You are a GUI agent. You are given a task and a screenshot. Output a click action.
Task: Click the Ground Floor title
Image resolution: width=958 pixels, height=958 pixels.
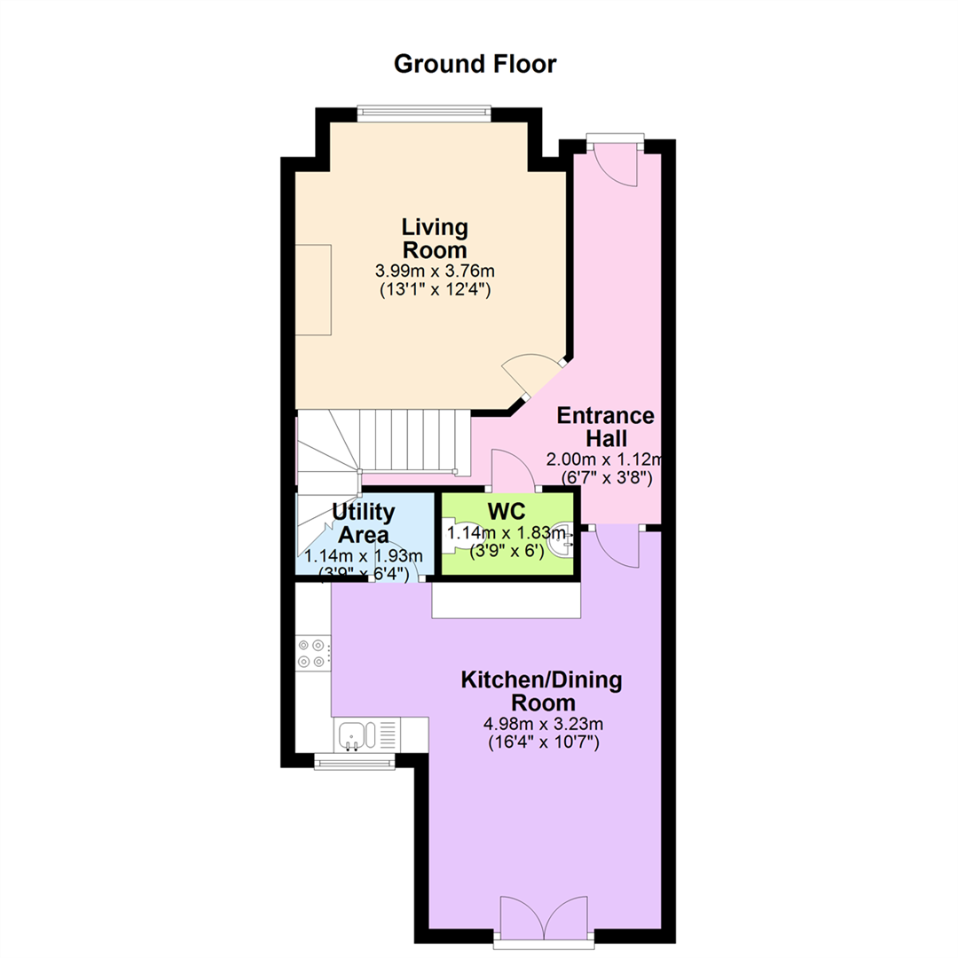click(x=475, y=64)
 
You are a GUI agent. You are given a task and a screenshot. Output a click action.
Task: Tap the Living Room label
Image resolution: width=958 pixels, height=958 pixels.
click(x=435, y=239)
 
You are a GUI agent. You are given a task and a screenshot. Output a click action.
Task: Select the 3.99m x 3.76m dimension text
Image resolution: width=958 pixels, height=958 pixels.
click(x=435, y=271)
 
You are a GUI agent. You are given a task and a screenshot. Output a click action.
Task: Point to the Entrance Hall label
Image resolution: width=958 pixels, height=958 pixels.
click(x=606, y=427)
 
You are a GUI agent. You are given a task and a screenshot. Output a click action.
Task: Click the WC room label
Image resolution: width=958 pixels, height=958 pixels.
click(x=506, y=511)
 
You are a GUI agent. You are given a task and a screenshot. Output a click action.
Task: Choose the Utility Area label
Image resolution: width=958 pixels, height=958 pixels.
click(x=364, y=523)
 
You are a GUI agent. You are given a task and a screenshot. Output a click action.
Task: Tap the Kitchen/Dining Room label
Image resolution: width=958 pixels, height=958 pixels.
click(x=541, y=691)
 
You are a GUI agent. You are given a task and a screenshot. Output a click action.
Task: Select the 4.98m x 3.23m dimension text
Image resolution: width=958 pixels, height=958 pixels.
click(x=543, y=724)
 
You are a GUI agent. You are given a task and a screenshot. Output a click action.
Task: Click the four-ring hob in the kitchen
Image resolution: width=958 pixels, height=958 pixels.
click(x=312, y=653)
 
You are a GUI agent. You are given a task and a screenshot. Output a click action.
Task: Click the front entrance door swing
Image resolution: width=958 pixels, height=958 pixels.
click(x=616, y=166)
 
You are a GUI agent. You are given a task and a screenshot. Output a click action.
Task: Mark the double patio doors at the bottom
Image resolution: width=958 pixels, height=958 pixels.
click(x=544, y=922)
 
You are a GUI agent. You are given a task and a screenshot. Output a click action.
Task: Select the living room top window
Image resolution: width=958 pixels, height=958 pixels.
click(x=424, y=111)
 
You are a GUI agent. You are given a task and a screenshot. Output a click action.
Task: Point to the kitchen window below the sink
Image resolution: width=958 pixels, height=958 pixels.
click(x=354, y=761)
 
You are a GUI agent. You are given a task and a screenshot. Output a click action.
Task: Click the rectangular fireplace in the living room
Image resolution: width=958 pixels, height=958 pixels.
click(x=313, y=289)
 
